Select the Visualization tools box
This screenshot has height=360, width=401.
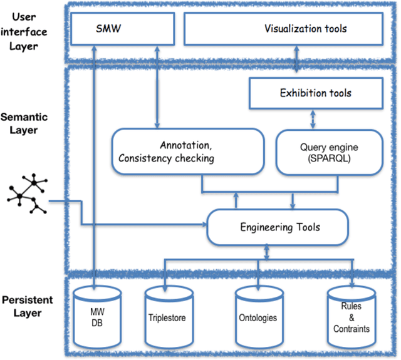tap(283, 29)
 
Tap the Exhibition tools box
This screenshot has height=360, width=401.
tap(315, 93)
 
